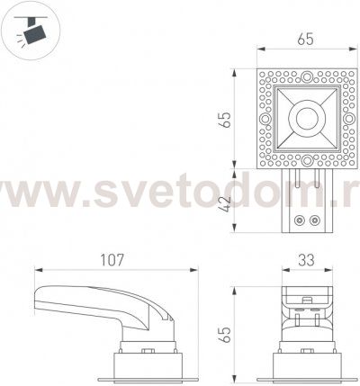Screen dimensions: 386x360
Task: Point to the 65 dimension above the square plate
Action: click(x=306, y=39)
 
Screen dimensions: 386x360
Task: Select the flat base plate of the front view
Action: click(x=307, y=372)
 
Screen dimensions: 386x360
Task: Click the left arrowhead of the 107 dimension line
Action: click(x=37, y=268)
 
